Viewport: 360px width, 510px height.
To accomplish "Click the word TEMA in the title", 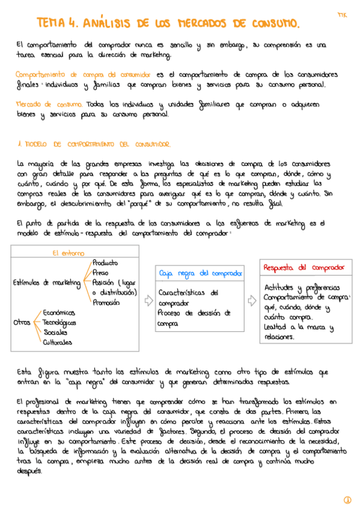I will click(x=51, y=23).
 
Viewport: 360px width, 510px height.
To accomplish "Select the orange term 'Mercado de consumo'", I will click(x=49, y=103).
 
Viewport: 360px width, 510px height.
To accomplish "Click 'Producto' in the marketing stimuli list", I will click(x=105, y=263).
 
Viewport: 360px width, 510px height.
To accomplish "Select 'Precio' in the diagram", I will click(x=100, y=272).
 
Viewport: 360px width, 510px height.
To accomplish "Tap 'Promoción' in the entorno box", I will click(x=107, y=302).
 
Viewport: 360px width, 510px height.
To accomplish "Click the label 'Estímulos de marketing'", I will click(x=46, y=283).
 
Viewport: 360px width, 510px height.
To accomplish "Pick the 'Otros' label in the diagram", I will click(x=22, y=322).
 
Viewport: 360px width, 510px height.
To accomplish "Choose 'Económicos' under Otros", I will click(x=59, y=313).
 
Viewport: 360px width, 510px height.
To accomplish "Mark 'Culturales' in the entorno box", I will click(x=57, y=342).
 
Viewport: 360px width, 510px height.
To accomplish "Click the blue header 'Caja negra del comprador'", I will click(x=200, y=273).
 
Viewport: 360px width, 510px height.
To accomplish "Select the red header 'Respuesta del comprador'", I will click(x=304, y=267).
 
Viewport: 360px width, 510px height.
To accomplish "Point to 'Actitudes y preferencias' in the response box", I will click(x=301, y=287).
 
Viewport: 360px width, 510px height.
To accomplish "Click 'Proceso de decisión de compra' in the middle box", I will click(x=194, y=318).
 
